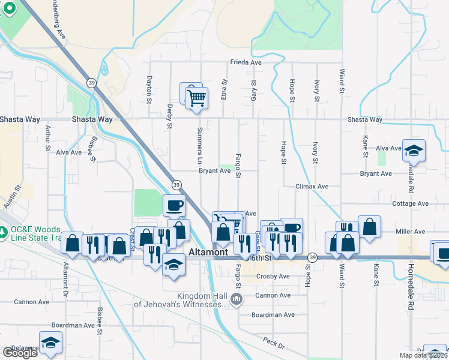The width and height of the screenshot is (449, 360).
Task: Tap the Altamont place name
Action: pyautogui.click(x=209, y=253)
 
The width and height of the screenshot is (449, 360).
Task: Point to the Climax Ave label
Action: pyautogui.click(x=312, y=187)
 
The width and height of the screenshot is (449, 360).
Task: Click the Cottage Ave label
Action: pyautogui.click(x=411, y=204)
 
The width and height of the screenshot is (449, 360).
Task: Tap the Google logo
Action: pyautogui.click(x=19, y=353)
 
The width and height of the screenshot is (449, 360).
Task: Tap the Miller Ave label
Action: pyautogui.click(x=411, y=232)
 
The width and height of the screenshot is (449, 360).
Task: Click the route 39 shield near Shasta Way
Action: pyautogui.click(x=91, y=83)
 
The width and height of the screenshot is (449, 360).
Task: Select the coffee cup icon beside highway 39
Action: pyautogui.click(x=174, y=206)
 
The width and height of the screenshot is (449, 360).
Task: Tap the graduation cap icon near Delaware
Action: pyautogui.click(x=51, y=343)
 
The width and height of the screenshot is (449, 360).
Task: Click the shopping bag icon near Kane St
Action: pyautogui.click(x=369, y=227)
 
